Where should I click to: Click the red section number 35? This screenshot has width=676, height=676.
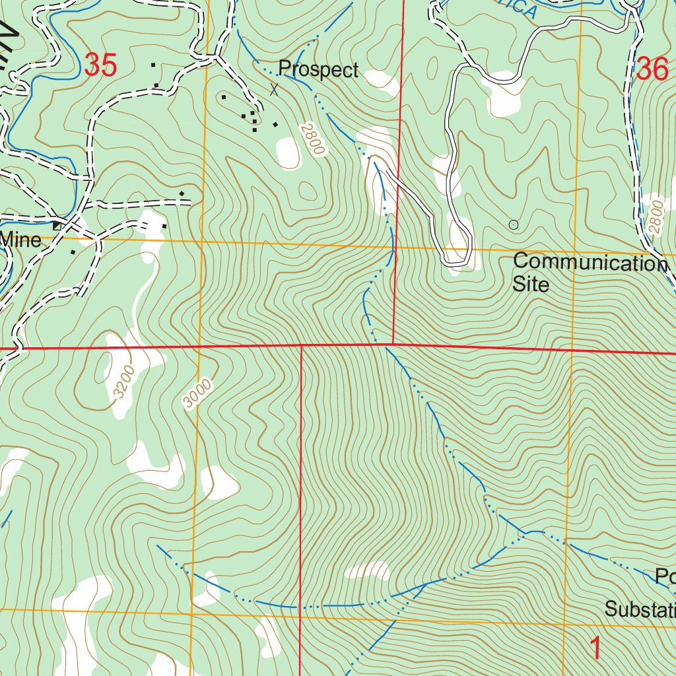[x=101, y=66]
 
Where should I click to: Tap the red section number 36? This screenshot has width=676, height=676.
[x=652, y=69]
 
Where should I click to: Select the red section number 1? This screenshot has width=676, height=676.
[x=595, y=648]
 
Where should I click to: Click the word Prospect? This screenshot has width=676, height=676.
[x=318, y=69]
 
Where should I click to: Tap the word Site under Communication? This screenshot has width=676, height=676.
[x=531, y=285]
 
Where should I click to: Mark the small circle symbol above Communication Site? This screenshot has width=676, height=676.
[x=514, y=225]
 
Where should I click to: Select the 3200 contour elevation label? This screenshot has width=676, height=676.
[x=123, y=381]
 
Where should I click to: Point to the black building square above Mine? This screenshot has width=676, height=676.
[x=57, y=226]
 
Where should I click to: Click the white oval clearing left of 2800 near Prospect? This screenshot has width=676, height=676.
[x=288, y=152]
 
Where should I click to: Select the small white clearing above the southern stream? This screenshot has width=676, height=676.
[x=368, y=570]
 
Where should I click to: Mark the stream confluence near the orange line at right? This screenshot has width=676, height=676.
[x=526, y=532]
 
